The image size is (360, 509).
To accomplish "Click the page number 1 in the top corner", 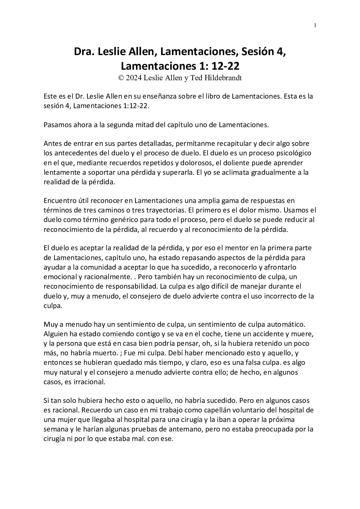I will pos(315,25).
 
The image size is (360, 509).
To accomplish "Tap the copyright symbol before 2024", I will pos(120,78).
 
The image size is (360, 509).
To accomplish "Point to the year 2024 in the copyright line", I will pos(133,78).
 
